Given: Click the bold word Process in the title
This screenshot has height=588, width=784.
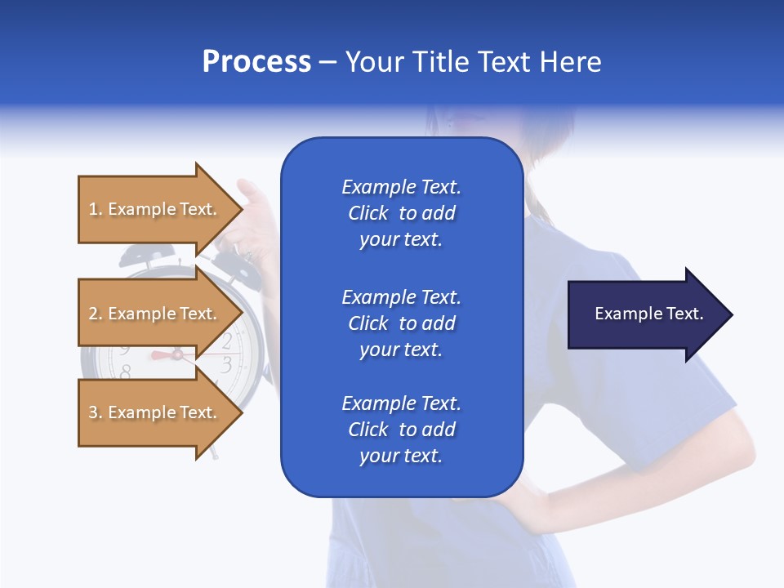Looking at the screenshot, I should [x=256, y=62].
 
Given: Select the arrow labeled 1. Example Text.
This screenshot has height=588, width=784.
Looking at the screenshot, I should [x=155, y=209].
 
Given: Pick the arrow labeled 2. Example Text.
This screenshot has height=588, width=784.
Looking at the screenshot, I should [x=155, y=314].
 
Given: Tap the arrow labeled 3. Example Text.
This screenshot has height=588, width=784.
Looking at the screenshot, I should [x=155, y=412].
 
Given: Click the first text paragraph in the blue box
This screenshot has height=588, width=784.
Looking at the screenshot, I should [x=401, y=213].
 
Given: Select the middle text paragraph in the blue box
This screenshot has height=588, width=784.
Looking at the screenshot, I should [x=401, y=323].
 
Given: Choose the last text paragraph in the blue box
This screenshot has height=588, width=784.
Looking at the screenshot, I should [x=401, y=430].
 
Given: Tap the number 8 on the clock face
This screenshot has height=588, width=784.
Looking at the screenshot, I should [x=125, y=372].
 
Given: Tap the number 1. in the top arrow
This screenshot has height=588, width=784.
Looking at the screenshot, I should [x=96, y=209].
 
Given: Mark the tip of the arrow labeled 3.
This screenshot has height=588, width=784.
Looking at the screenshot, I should [x=241, y=412].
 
